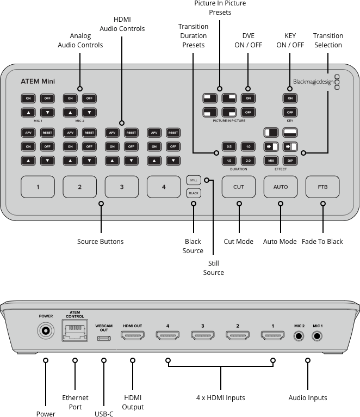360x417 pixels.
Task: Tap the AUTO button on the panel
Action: pyautogui.click(x=281, y=187)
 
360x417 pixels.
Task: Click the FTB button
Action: pyautogui.click(x=322, y=187)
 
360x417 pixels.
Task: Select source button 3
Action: pyautogui.click(x=122, y=187)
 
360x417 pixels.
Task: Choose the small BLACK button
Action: pyautogui.click(x=193, y=193)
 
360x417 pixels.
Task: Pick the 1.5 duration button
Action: pyautogui.click(x=229, y=161)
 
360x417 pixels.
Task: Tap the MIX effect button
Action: pyautogui.click(x=271, y=161)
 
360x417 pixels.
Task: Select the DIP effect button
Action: pyautogui.click(x=290, y=161)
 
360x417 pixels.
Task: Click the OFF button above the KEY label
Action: pyautogui.click(x=290, y=112)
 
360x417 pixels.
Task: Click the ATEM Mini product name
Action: pyautogui.click(x=38, y=82)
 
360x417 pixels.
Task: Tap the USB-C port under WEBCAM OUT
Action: pyautogui.click(x=104, y=338)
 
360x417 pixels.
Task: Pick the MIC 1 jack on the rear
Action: pyautogui.click(x=318, y=336)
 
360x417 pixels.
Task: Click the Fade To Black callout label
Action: pyautogui.click(x=322, y=241)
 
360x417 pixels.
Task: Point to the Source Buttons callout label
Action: pyautogui.click(x=101, y=241)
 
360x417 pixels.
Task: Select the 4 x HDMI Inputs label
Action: pyautogui.click(x=221, y=398)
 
